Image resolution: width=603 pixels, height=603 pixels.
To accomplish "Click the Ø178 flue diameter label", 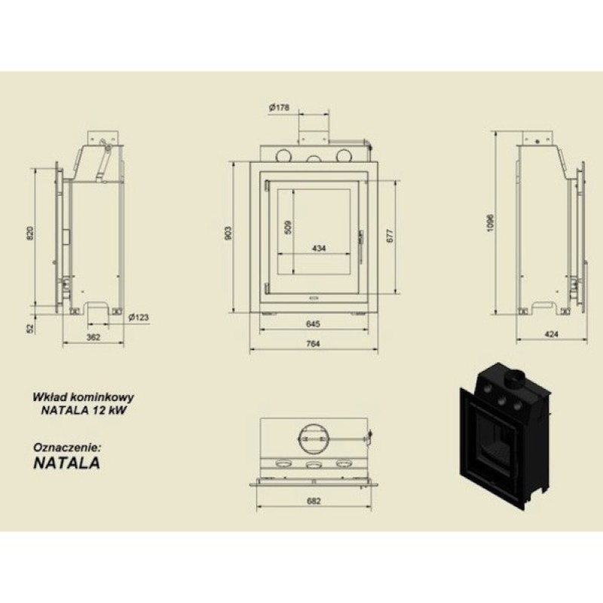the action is coord(279,108).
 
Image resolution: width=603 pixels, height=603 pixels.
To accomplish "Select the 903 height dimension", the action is coord(228,234).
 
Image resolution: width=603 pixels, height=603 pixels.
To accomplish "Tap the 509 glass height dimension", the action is coord(289,227).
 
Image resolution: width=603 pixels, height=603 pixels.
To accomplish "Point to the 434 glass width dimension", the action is coord(319,249).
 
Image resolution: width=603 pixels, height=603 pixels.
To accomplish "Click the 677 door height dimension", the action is coord(390,236).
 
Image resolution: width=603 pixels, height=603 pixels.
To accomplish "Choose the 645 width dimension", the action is coord(313,324).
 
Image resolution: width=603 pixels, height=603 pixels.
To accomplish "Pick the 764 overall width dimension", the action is coord(313,344).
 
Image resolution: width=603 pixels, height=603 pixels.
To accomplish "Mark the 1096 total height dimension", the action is coord(490,222).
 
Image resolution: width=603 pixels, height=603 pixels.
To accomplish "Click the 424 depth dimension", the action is coord(552,334).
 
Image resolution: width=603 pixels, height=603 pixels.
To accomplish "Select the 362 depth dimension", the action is coord(93,337).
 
